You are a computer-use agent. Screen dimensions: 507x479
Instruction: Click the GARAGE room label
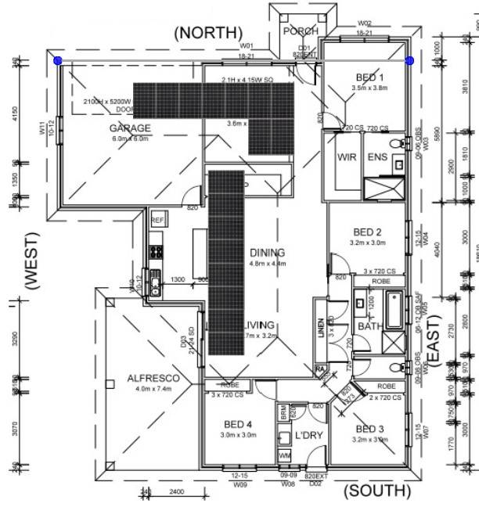coord(130,128)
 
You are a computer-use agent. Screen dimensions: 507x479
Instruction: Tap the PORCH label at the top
coord(301,31)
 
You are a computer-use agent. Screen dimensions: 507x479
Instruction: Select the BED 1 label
coord(370,77)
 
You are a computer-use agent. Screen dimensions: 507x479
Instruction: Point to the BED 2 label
coord(367,232)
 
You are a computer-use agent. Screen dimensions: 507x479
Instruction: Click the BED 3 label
coord(369,429)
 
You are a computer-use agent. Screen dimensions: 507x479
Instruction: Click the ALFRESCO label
coord(153,379)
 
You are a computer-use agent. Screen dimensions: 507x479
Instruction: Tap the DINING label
coord(267,253)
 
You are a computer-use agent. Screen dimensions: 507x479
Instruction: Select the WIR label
coord(347,157)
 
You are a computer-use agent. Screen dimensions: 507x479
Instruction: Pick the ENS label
coord(377,157)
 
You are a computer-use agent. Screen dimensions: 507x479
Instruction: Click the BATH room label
coord(369,325)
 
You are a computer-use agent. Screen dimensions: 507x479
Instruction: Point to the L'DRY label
coord(309,435)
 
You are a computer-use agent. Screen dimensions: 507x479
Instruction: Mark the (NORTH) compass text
coord(208,32)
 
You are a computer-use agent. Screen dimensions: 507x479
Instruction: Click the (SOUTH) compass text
coord(376,491)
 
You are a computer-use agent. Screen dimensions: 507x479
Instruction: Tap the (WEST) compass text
coord(32,261)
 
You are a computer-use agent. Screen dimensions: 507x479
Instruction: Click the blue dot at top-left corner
coord(57,60)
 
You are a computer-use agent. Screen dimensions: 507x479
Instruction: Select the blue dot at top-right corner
coord(409,60)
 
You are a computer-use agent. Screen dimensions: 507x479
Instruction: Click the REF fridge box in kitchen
coord(157,221)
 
